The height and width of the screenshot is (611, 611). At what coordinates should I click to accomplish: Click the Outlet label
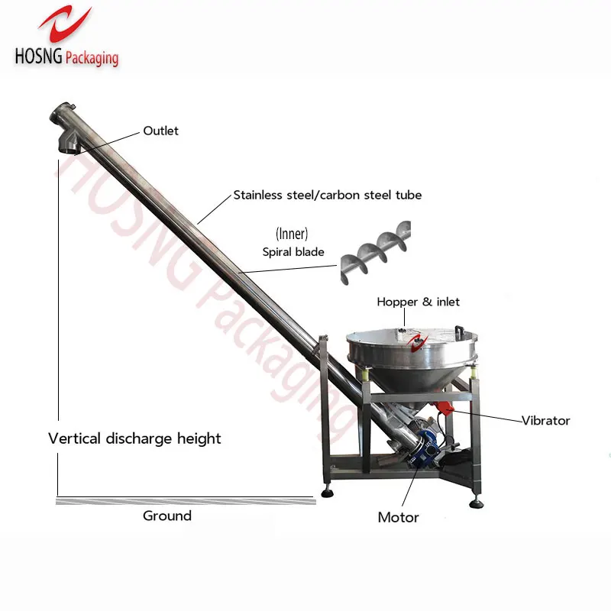(160, 131)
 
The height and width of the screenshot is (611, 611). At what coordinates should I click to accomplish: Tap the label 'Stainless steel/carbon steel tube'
(327, 195)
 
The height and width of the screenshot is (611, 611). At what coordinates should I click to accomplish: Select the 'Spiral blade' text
(293, 252)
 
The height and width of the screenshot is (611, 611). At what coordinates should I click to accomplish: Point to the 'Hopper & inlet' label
(418, 302)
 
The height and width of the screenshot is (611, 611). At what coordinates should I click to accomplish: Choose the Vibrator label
(545, 420)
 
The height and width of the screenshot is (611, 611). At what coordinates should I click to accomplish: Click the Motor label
(398, 518)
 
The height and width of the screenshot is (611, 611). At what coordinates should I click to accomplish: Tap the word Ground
(167, 516)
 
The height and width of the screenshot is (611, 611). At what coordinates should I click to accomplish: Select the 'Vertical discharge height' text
(134, 438)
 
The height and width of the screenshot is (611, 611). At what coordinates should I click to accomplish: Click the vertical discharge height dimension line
(58, 321)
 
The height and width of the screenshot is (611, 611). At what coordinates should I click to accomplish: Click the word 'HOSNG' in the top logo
(38, 57)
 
